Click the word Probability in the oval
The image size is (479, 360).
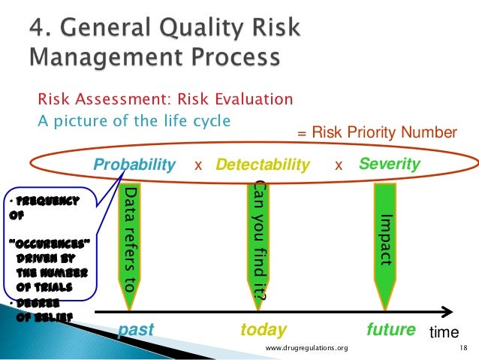coord(134,165)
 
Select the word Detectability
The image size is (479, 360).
coord(263,165)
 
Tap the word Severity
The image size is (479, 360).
coord(390,164)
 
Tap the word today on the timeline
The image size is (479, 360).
coord(263,330)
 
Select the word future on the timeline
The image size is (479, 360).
coord(390,330)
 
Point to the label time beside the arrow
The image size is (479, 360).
coord(444,331)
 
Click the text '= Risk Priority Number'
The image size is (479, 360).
coord(375,133)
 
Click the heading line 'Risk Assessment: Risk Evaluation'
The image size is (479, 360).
coord(165,100)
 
